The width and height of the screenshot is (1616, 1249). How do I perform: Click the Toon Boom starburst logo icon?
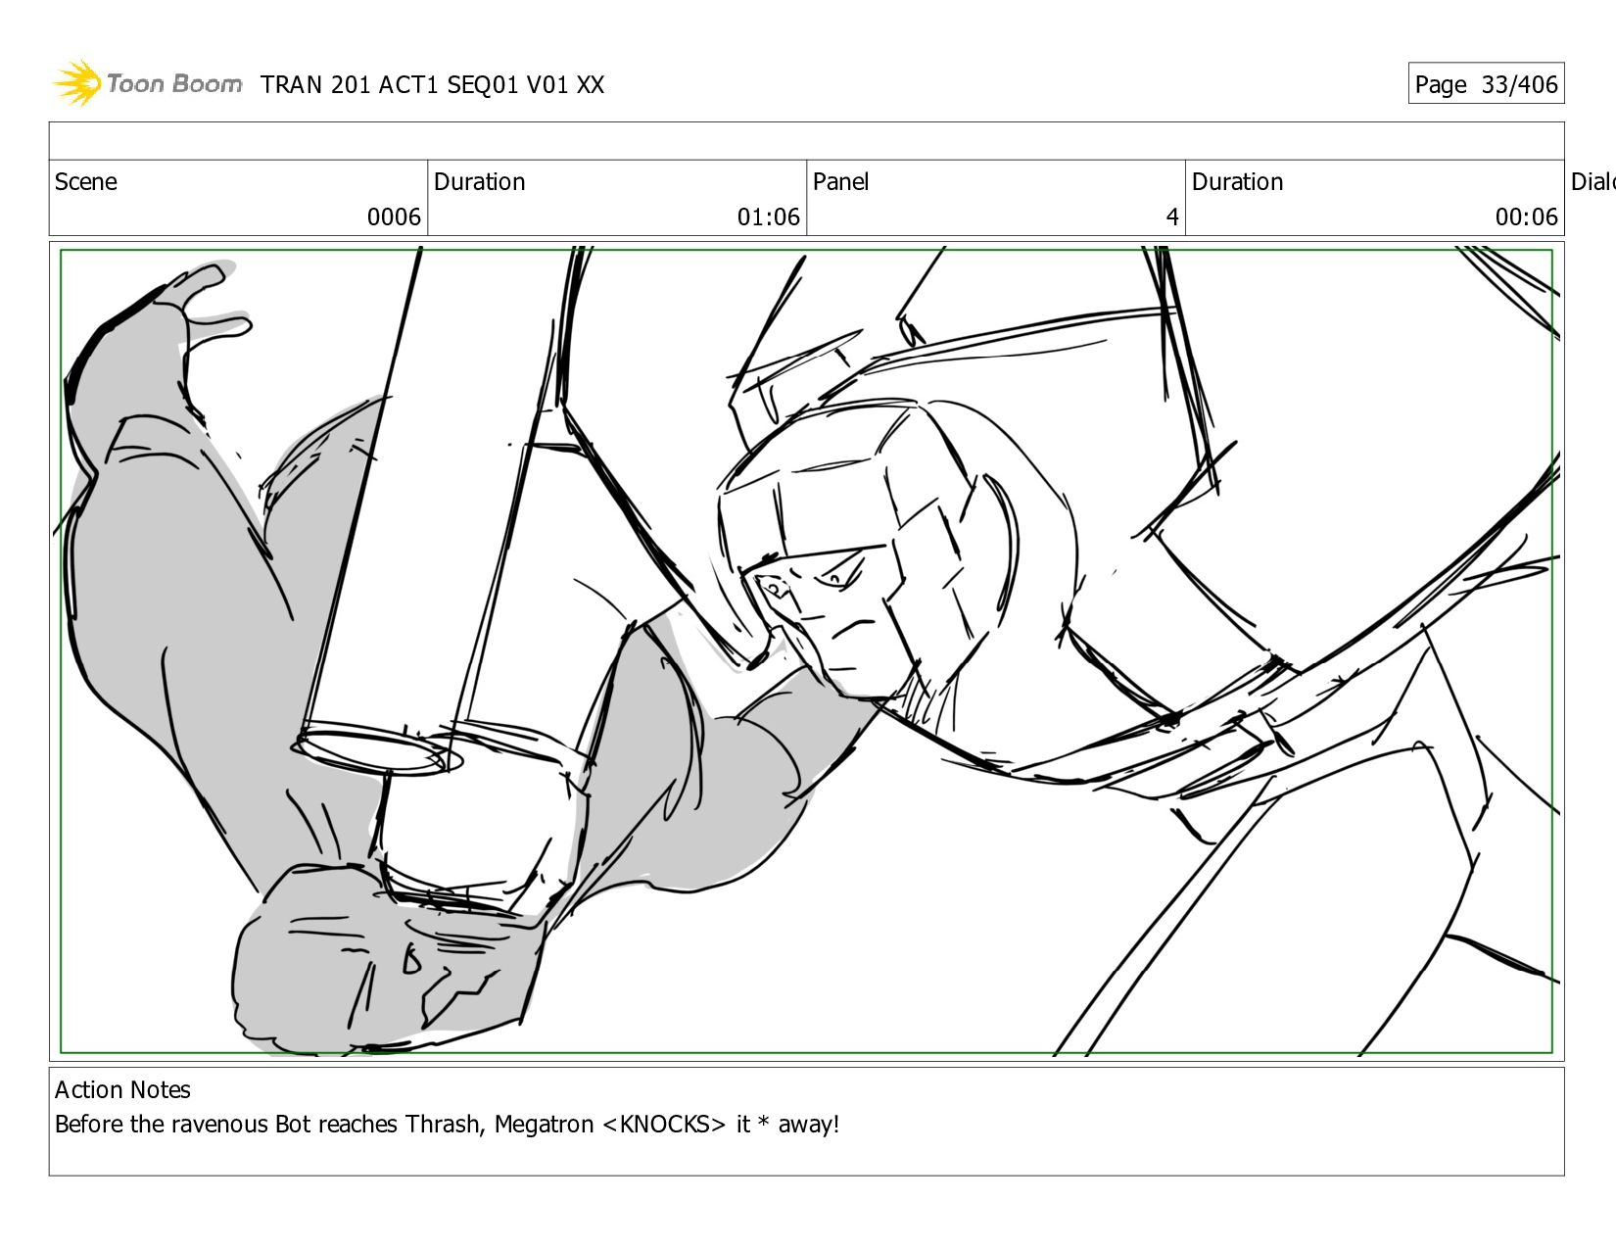(77, 82)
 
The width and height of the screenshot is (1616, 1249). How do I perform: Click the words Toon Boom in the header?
(174, 83)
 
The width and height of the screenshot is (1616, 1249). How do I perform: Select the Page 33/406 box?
(1486, 83)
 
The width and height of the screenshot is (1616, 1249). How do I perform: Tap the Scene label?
(85, 181)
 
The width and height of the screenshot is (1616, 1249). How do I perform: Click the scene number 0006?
(394, 217)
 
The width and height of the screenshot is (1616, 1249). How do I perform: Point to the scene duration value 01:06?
(768, 217)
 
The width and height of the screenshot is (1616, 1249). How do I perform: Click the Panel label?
(840, 181)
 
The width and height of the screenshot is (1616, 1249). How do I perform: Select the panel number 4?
(1172, 217)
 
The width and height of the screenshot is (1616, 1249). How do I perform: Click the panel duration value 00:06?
(1526, 217)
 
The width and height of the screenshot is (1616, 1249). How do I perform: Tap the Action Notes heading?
(122, 1089)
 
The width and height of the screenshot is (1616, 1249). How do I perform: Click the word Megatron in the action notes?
(544, 1124)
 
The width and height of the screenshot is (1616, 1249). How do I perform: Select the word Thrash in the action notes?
(445, 1124)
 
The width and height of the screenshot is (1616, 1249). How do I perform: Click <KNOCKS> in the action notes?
(663, 1124)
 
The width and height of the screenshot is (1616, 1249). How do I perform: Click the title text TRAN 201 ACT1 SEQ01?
(389, 85)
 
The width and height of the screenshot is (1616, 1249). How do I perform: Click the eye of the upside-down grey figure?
(411, 961)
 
